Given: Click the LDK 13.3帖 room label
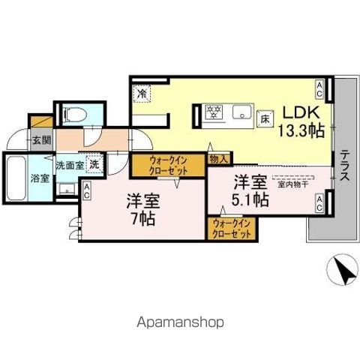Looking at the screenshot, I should [x=302, y=121].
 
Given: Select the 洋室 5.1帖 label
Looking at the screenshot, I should [x=249, y=190].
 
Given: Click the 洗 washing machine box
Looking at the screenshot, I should [x=94, y=163].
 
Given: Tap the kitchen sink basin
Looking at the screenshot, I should [x=241, y=113].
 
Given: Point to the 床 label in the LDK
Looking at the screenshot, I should [x=265, y=118].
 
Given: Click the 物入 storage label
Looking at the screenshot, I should [x=219, y=159].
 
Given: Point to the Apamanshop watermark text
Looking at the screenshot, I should [x=179, y=322].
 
